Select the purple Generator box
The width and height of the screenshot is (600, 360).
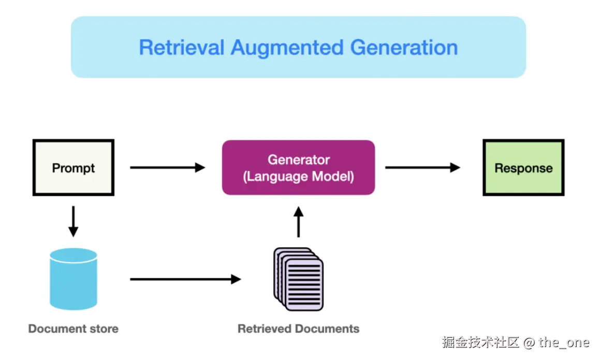pyautogui.click(x=299, y=168)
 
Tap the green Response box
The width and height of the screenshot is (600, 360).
pyautogui.click(x=523, y=168)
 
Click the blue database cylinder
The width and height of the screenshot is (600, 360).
pyautogui.click(x=74, y=279)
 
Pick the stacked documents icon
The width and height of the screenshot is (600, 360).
pyautogui.click(x=299, y=279)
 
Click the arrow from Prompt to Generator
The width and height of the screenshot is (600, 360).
pyautogui.click(x=168, y=167)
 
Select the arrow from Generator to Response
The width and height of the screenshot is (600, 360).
pyautogui.click(x=422, y=167)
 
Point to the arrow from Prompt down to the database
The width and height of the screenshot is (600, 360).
pyautogui.click(x=74, y=221)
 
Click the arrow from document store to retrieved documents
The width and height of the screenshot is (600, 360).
pyautogui.click(x=185, y=279)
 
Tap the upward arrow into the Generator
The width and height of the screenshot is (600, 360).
pyautogui.click(x=299, y=222)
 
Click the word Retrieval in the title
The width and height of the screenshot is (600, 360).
pyautogui.click(x=181, y=48)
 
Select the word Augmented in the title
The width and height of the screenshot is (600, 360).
pyautogui.click(x=287, y=48)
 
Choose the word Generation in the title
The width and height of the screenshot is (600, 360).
pyautogui.click(x=404, y=48)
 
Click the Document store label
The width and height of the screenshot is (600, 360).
pyautogui.click(x=74, y=328)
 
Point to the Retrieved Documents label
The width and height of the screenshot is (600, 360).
pyautogui.click(x=299, y=328)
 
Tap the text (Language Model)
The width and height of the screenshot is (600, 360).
pyautogui.click(x=299, y=177)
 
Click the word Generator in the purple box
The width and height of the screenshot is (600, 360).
pyautogui.click(x=299, y=160)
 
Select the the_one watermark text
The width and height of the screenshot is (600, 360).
pyautogui.click(x=564, y=342)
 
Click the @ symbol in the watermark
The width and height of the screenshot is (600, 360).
pyautogui.click(x=529, y=342)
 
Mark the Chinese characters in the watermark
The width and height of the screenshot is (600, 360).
pyautogui.click(x=480, y=342)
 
